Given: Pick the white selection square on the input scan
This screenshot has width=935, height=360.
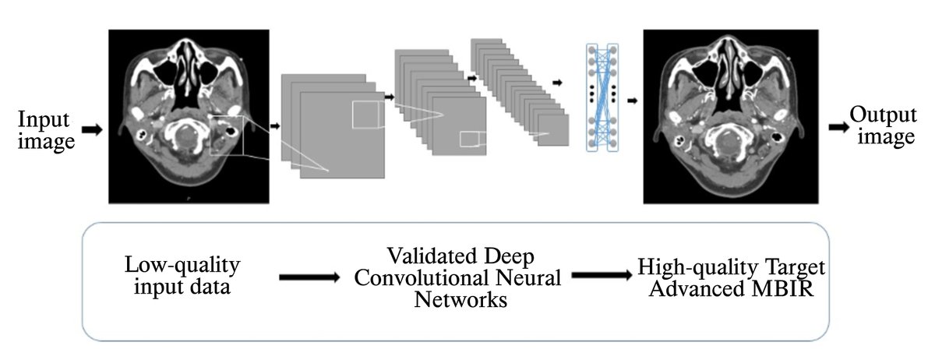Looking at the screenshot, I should pyautogui.click(x=228, y=136).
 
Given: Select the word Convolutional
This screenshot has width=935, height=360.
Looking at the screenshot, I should pyautogui.click(x=422, y=278).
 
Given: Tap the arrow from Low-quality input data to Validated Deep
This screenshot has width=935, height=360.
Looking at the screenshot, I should pyautogui.click(x=309, y=277).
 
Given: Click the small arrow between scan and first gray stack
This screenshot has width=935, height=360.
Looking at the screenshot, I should pyautogui.click(x=275, y=124).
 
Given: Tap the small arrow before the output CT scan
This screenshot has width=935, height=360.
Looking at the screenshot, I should pyautogui.click(x=632, y=101).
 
